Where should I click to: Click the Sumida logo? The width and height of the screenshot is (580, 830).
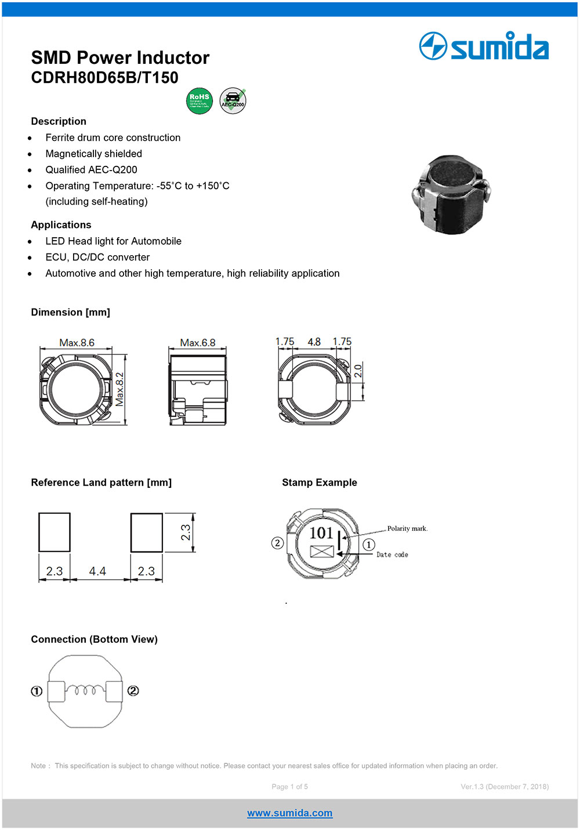point(484,46)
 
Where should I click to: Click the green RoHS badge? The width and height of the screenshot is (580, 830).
point(200,101)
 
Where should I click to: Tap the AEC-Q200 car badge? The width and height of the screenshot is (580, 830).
point(233,101)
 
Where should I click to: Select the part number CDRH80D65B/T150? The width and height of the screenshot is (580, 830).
point(104,78)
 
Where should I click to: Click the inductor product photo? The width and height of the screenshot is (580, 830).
point(451,194)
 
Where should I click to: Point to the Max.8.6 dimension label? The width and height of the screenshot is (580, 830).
point(77,343)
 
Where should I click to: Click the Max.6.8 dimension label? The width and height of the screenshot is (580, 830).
point(197,343)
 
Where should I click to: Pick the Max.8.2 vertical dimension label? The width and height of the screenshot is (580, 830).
point(119,389)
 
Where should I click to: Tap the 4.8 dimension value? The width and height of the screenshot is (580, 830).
point(314,342)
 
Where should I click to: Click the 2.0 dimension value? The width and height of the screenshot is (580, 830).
point(358,371)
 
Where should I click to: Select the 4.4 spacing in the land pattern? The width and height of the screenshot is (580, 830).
point(97,571)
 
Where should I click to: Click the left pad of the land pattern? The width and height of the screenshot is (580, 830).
point(55,532)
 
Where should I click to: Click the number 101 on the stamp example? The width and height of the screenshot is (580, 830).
point(321,533)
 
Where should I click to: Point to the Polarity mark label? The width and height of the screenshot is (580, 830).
point(407,528)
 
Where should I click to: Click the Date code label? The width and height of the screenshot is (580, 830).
point(392,554)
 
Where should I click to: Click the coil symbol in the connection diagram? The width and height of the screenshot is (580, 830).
point(85,690)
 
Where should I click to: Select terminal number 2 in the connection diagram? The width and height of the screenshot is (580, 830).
point(133,691)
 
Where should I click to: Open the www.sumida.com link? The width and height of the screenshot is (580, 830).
point(289,813)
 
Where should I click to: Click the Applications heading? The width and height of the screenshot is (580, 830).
point(61,225)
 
